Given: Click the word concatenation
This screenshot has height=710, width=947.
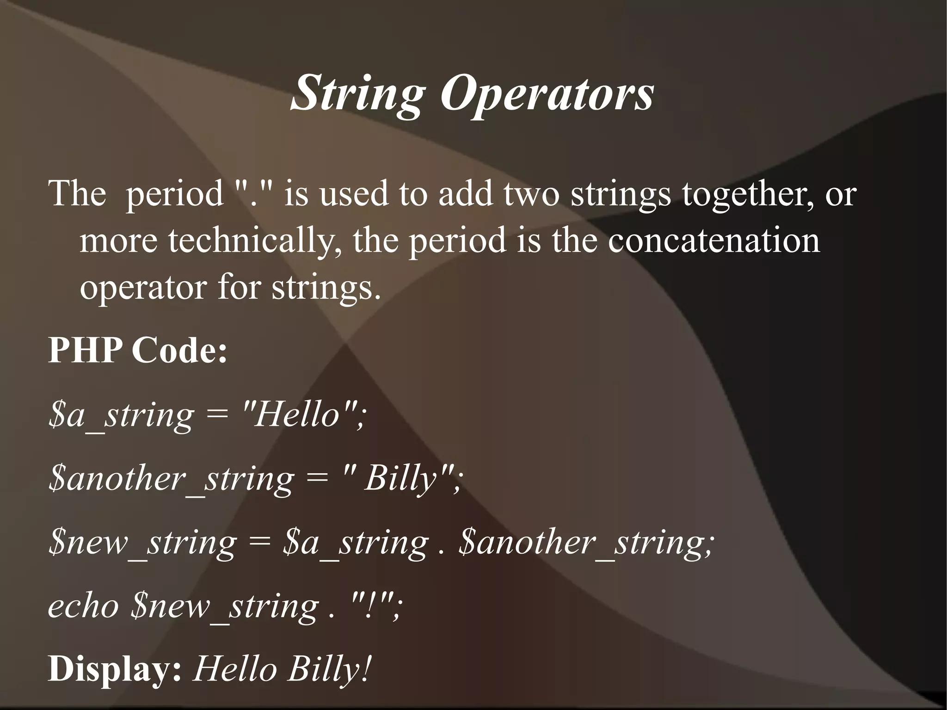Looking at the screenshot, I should coord(713,241).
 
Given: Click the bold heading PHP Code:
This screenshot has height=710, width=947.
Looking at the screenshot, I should coord(138,350).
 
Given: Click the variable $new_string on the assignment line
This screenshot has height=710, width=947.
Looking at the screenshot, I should coord(142,542).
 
